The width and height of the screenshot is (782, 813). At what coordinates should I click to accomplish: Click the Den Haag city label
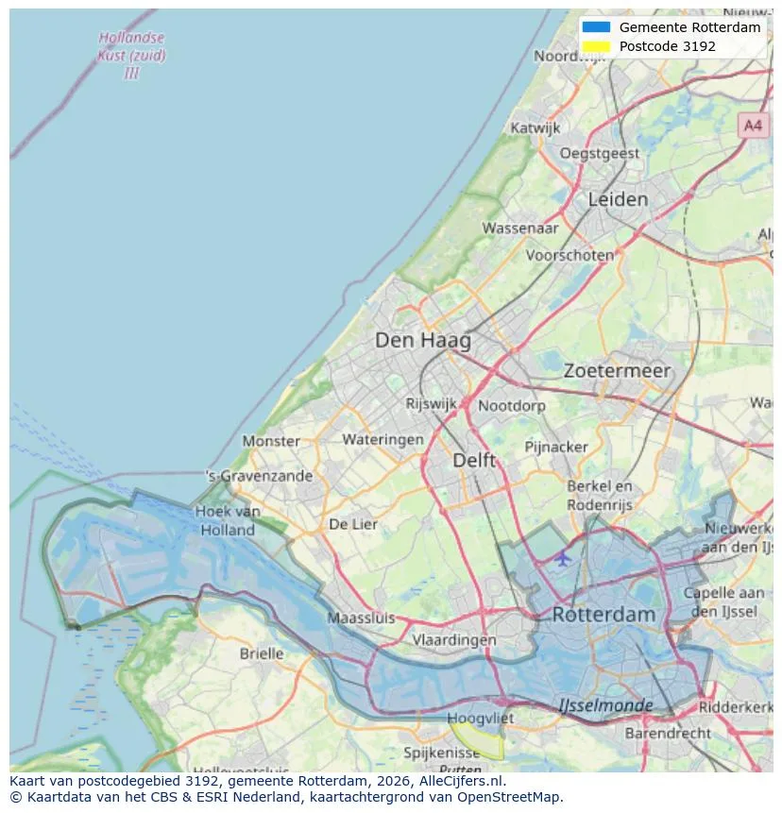coord(422,340)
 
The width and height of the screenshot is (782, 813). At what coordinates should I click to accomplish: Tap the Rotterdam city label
coord(603,614)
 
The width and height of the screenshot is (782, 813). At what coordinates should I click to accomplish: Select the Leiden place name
coord(618,199)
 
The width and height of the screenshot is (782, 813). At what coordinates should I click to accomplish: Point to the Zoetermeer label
coord(617,371)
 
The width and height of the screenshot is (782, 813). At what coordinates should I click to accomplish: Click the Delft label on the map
coord(474,460)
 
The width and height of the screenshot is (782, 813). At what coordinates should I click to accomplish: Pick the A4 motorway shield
coord(752,125)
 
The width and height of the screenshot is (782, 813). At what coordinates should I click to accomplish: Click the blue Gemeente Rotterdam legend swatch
coord(596,27)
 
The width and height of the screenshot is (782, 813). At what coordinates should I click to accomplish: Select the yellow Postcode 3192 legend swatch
coord(596,46)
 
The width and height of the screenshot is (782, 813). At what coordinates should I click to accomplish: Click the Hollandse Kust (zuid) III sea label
coord(131,55)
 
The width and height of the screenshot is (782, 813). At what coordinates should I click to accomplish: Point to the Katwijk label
coord(535,127)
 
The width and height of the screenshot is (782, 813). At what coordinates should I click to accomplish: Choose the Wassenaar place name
coord(520,228)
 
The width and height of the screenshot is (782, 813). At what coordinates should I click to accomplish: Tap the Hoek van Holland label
coord(228,520)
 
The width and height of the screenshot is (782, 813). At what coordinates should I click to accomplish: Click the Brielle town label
coord(262,653)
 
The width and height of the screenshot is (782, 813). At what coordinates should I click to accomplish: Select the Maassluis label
coord(361,618)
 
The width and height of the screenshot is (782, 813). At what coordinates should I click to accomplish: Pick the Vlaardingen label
coord(454,639)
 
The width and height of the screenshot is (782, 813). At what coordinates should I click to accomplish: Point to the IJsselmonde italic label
coord(605,705)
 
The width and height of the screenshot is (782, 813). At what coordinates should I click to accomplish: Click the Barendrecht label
coord(669,732)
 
